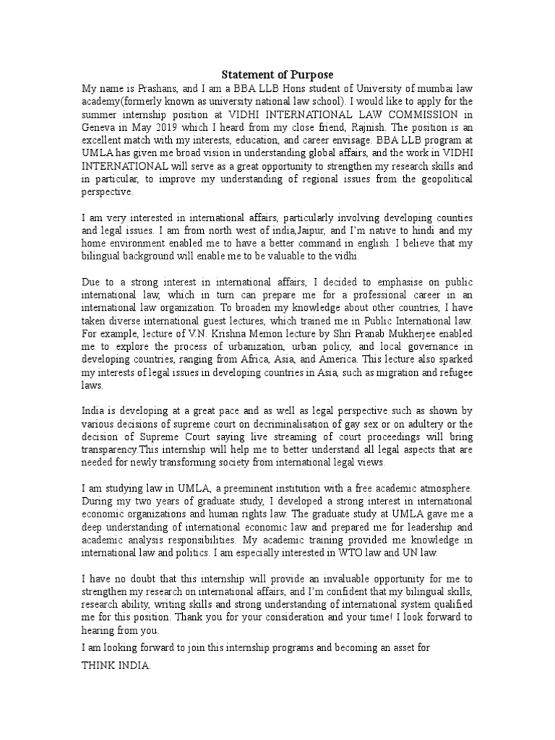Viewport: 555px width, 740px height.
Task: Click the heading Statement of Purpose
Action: (x=277, y=75)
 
